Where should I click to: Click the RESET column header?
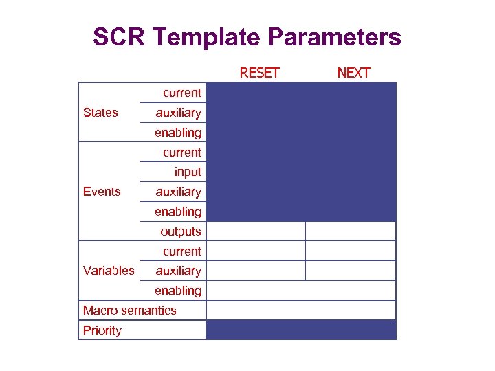point(259,73)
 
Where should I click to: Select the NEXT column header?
point(353,73)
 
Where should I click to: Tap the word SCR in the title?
point(119,37)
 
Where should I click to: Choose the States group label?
point(100,113)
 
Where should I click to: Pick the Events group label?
point(102,192)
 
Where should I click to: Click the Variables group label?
point(109,271)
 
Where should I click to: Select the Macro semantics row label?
point(129,311)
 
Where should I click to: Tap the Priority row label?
point(102,330)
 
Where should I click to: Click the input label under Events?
point(188,172)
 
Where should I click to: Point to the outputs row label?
point(181,232)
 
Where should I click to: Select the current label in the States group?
point(182,93)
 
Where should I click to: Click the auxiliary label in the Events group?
point(178,192)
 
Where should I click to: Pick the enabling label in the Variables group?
point(178,291)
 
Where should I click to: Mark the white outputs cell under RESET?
point(255,231)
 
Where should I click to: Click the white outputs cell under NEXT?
point(351,231)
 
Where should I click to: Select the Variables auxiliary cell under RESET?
point(255,271)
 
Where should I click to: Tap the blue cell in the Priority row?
point(301,330)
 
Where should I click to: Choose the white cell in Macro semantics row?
point(301,311)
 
